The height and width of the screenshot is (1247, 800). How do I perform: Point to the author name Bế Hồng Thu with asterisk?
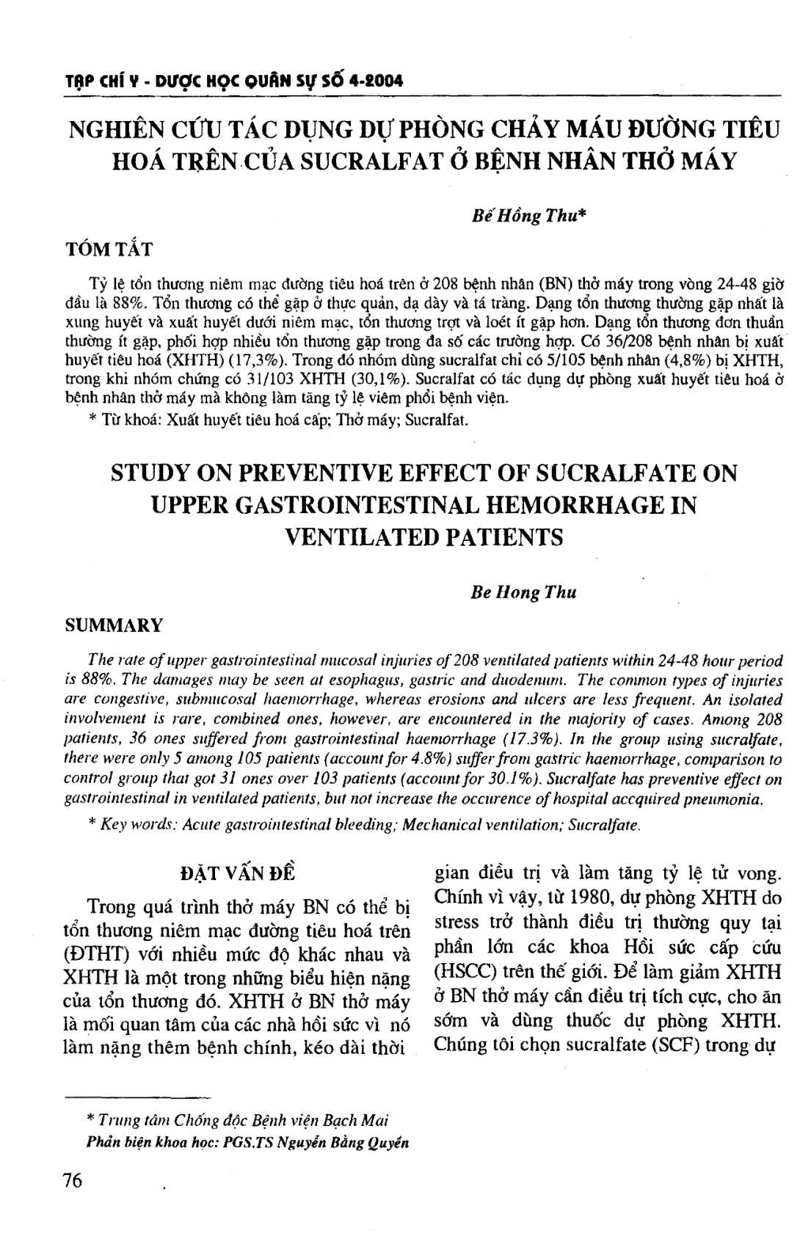coord(528,218)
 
